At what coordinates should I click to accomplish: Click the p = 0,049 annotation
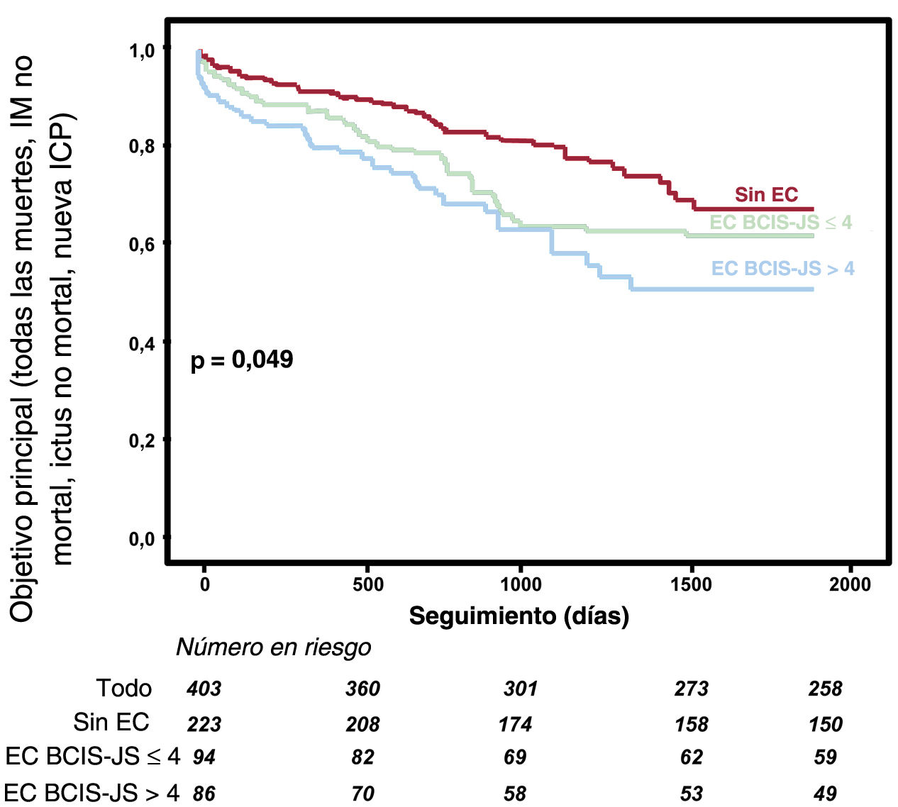(242, 360)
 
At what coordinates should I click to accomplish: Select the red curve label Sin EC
(766, 194)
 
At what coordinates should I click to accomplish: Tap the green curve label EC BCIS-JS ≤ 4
(780, 223)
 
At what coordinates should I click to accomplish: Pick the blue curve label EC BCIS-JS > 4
(782, 269)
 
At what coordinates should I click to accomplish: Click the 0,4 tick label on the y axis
(142, 344)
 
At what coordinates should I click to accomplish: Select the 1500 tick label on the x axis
(691, 584)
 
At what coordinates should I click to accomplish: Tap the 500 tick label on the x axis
(367, 584)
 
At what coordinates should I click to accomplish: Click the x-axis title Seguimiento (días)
(519, 616)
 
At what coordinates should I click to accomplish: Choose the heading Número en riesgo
(273, 647)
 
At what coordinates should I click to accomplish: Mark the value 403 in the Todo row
(204, 689)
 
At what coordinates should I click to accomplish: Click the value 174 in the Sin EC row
(515, 724)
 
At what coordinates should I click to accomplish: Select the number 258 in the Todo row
(825, 689)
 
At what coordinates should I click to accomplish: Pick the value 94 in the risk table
(204, 757)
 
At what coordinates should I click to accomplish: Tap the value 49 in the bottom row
(825, 793)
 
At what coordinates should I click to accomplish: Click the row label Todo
(123, 689)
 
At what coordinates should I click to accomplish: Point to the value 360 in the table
(362, 689)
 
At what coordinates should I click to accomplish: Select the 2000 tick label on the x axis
(850, 584)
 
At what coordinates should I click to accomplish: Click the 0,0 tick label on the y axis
(142, 540)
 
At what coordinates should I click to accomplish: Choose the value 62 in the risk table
(691, 757)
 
